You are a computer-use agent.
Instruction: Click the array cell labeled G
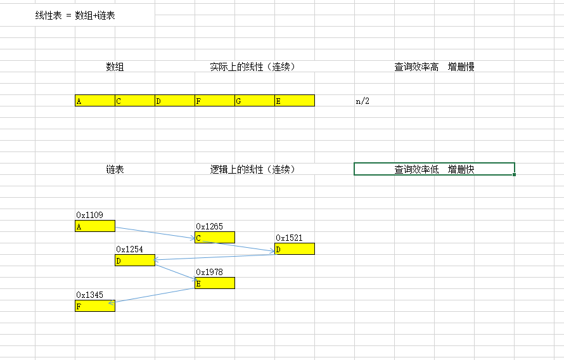point(254,101)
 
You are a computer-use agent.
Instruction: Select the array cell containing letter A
point(94,101)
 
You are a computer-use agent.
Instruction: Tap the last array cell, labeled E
point(294,101)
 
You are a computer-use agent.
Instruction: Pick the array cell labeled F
point(214,101)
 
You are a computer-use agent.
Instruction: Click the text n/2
point(362,101)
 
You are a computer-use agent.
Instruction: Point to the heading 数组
point(115,67)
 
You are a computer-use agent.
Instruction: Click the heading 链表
point(115,169)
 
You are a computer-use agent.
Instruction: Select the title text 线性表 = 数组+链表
point(75,16)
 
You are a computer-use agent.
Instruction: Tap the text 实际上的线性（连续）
point(253,67)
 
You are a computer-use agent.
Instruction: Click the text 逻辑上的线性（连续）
point(253,169)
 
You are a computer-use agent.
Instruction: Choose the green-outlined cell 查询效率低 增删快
point(434,169)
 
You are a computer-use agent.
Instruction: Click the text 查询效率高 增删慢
point(434,67)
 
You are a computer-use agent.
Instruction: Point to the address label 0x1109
point(89,215)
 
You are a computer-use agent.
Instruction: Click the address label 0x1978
point(209,273)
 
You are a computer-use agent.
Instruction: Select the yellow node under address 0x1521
point(294,249)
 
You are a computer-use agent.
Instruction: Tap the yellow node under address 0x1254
point(134,260)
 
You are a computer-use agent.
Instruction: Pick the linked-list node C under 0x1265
point(214,238)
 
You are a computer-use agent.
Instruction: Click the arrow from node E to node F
point(152,296)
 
